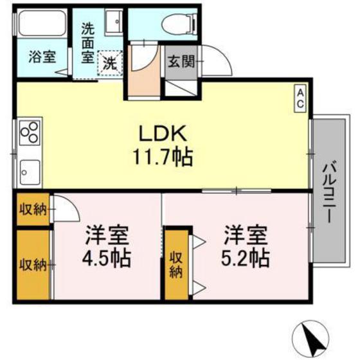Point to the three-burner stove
click(29, 135)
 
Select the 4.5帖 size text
click(106, 258)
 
